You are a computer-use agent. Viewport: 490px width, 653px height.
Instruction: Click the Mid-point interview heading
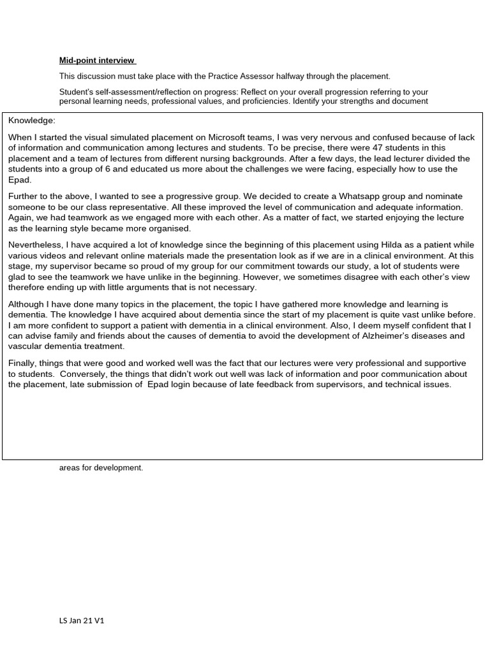click(97, 61)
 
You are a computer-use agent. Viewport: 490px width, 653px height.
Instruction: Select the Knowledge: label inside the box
click(32, 121)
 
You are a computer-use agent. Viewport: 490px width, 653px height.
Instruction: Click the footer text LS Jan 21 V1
click(82, 620)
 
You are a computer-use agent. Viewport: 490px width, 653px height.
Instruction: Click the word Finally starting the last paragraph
click(24, 363)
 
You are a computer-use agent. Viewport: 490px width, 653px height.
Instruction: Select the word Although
click(27, 304)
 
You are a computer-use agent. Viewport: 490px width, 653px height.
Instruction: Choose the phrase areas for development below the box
click(101, 467)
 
